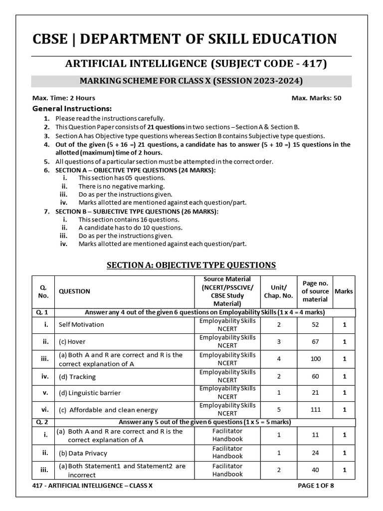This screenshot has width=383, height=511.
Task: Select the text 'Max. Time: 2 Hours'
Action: click(x=63, y=98)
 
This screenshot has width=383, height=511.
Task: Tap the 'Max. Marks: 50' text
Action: click(x=316, y=98)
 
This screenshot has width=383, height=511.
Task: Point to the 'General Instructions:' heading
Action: click(x=72, y=108)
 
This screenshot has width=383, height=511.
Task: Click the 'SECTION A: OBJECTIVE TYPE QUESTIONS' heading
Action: click(x=191, y=265)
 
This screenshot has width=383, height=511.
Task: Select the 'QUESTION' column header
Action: click(x=74, y=291)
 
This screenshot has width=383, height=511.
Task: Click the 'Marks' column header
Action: click(x=344, y=291)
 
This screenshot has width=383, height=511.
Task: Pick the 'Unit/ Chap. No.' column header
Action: click(x=278, y=291)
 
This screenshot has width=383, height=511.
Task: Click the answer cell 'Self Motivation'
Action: click(x=81, y=324)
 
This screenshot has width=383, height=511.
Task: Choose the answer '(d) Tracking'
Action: click(x=77, y=376)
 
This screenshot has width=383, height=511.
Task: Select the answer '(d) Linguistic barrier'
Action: click(x=90, y=393)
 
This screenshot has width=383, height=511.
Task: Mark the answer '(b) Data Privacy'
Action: click(x=83, y=453)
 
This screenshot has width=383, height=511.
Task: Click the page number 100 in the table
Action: click(x=315, y=359)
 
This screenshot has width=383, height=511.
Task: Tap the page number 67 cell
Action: click(x=315, y=342)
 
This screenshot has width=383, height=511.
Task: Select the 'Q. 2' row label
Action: click(x=42, y=422)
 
